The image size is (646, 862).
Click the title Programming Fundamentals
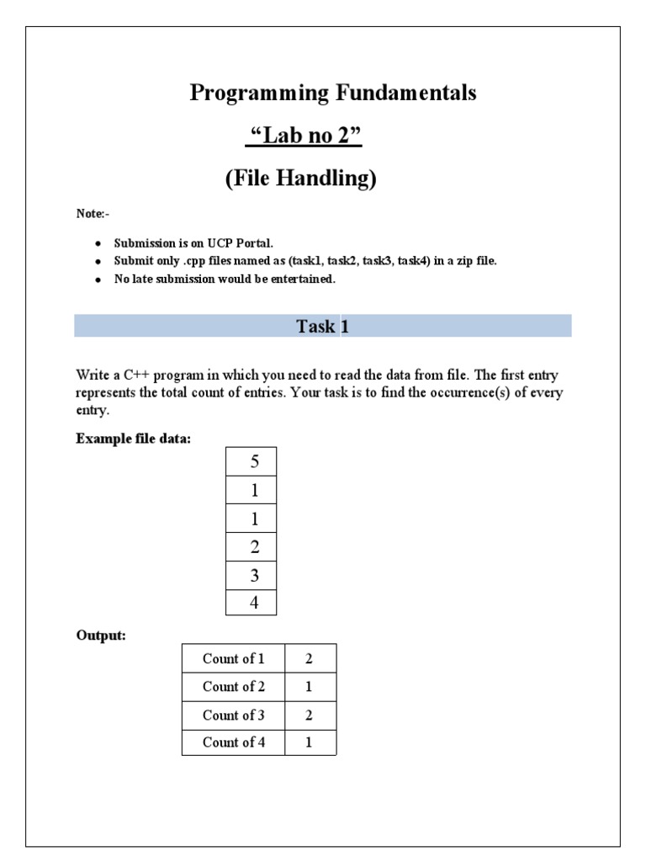coord(333,93)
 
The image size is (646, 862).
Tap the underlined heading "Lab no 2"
coord(303,136)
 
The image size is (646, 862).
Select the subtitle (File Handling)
coord(300,179)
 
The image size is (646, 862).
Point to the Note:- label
coord(93,214)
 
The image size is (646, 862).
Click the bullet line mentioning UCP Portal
coord(193,243)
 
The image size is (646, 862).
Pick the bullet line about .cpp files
coord(305,261)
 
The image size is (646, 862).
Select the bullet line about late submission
coord(225,279)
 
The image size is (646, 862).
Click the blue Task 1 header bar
coord(322,327)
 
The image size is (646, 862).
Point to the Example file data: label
coord(134,439)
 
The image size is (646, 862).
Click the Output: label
coord(101,636)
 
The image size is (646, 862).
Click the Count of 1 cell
coord(233,658)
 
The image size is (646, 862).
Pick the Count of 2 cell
coord(233,686)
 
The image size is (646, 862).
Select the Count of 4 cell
coord(233,742)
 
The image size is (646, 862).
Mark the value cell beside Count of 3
coord(310,715)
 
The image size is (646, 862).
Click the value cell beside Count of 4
coord(310,742)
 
